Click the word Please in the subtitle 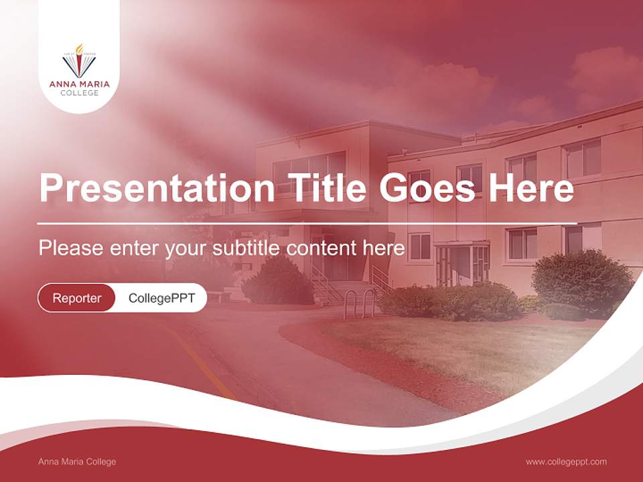coord(70,248)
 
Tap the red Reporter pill coord(76,298)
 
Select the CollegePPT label coord(161,298)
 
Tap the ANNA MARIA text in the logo coord(79,84)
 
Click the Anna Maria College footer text coord(77,461)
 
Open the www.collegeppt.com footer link coord(566,461)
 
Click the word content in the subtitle coord(322,248)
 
